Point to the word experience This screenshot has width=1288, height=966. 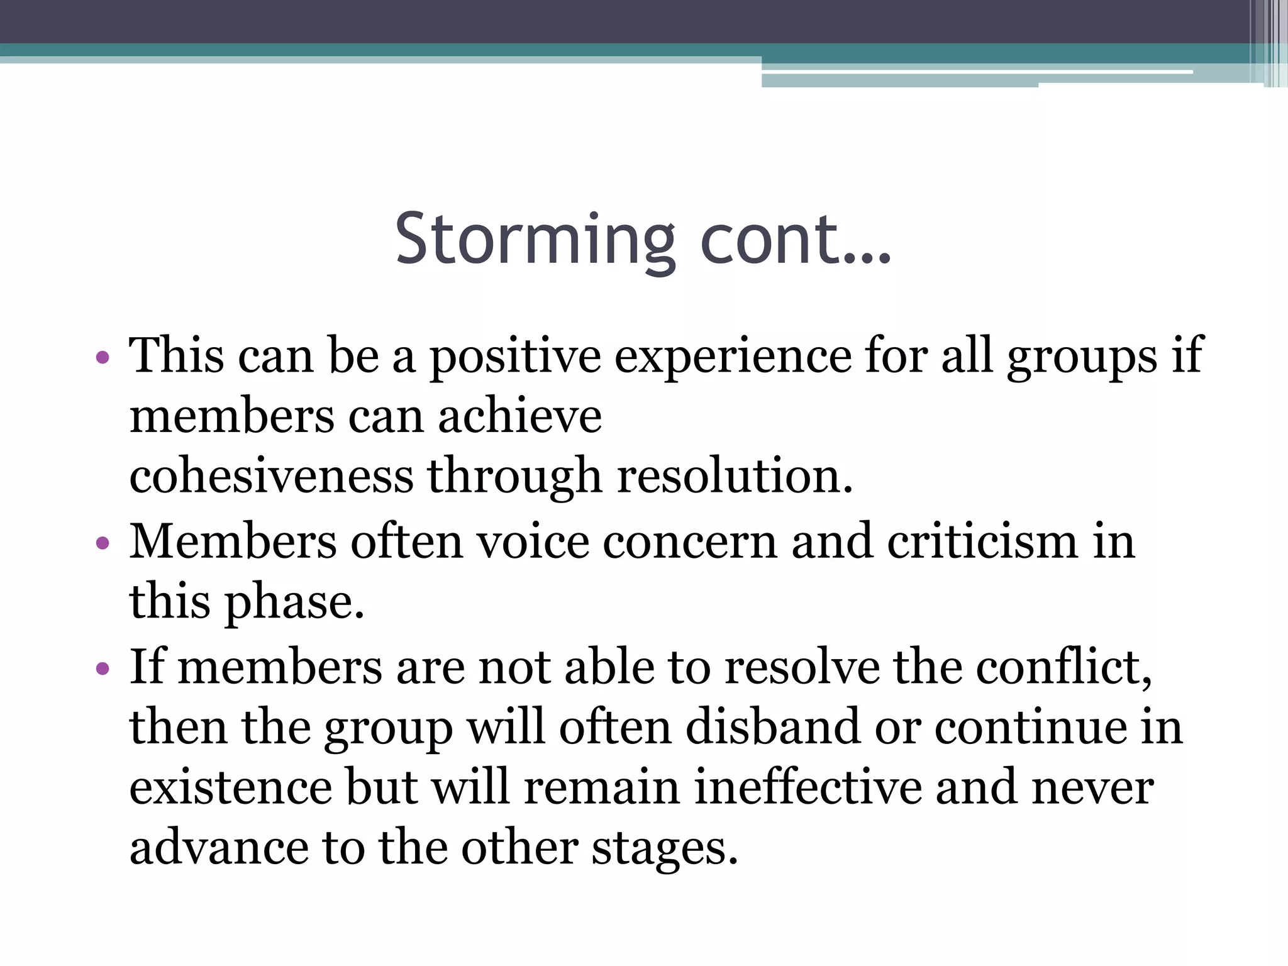(x=732, y=357)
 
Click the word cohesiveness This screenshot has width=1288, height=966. (x=271, y=475)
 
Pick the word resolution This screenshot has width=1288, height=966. (x=735, y=475)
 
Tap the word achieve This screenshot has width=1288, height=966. (x=519, y=416)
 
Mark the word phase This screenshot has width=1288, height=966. (x=294, y=602)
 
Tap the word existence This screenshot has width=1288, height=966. (x=231, y=787)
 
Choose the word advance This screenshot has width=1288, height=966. (x=219, y=848)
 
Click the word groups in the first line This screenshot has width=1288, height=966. (x=1082, y=357)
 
